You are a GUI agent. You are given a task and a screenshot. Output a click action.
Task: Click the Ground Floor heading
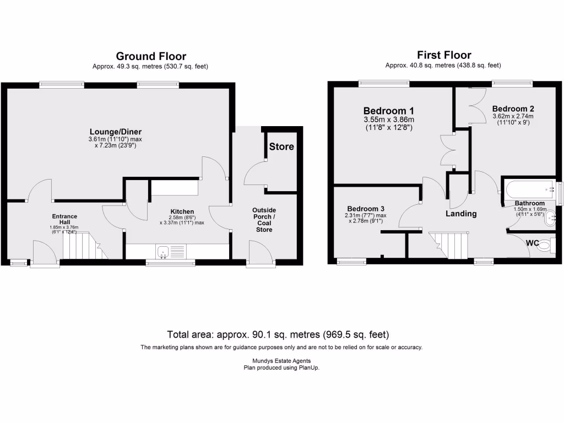(150, 56)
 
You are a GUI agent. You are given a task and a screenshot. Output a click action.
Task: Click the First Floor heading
(443, 55)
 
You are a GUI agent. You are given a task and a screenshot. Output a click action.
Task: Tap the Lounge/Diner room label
(116, 131)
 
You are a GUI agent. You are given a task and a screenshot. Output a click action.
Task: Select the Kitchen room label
(182, 211)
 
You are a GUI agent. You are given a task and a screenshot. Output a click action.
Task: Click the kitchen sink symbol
(163, 253)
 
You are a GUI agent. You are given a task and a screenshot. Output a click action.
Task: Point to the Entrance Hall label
(64, 219)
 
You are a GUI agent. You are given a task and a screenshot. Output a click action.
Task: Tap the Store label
(281, 147)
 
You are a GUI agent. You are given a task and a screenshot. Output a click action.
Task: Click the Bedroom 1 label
(388, 110)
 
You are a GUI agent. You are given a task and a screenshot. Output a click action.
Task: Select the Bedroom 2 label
(513, 109)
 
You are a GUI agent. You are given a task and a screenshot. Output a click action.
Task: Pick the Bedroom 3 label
(365, 209)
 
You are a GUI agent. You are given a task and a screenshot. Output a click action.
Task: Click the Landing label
(461, 214)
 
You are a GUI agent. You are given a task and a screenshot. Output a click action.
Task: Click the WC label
(532, 242)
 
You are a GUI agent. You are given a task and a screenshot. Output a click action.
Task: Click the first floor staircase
(449, 245)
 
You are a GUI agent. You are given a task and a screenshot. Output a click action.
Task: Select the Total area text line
(278, 334)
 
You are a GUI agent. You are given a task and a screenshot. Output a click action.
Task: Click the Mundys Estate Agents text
(281, 361)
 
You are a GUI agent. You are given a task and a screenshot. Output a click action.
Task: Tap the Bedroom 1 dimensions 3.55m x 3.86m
(388, 120)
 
